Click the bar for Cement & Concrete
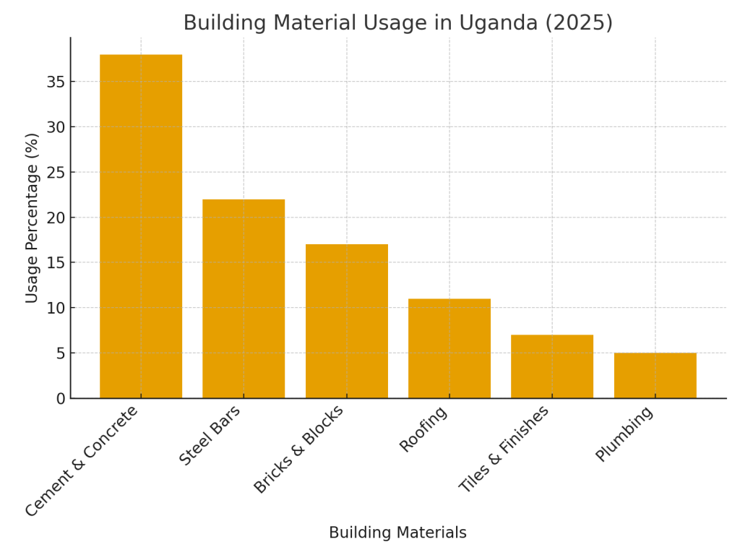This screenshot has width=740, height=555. (x=141, y=226)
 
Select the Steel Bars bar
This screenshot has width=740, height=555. (x=244, y=298)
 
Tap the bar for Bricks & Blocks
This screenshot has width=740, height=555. (x=346, y=321)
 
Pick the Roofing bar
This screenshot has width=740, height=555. (x=449, y=348)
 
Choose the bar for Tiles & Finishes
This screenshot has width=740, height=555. (x=552, y=366)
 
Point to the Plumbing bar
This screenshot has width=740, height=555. (x=655, y=375)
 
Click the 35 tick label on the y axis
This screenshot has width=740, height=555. (x=56, y=82)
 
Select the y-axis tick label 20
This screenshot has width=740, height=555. (x=56, y=218)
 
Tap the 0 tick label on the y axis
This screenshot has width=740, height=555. (x=60, y=398)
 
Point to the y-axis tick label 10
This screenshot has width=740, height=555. (x=56, y=308)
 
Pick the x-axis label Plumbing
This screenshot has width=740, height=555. (x=624, y=434)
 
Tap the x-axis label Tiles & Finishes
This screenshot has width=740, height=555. (x=504, y=449)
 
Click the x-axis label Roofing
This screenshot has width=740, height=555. (x=423, y=429)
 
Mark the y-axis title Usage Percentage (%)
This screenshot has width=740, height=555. (x=32, y=218)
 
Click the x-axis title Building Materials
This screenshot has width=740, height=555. (x=397, y=533)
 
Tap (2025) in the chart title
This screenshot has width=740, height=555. (x=577, y=23)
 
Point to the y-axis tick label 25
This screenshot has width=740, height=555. (x=56, y=172)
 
